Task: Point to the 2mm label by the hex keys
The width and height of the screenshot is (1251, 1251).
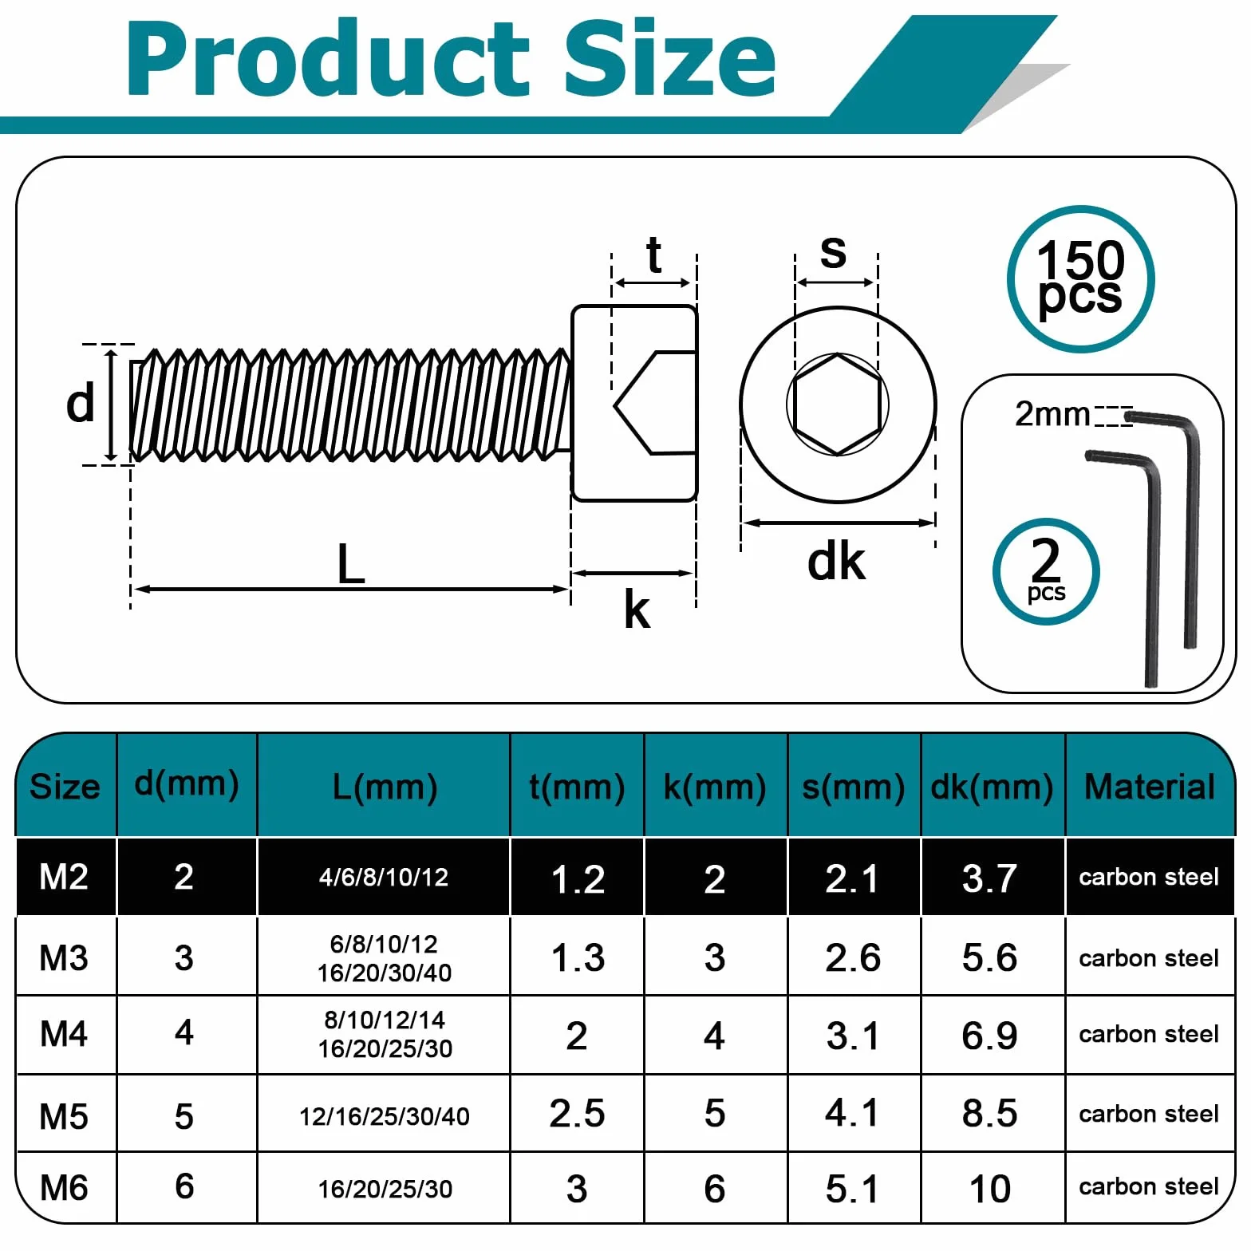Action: tap(1052, 414)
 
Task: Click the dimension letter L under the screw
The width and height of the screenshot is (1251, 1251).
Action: tap(351, 564)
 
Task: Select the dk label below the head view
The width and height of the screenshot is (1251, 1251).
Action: tap(835, 562)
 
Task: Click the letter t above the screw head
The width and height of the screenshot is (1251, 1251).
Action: tap(654, 255)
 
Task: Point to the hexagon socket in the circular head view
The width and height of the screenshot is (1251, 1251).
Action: tap(838, 405)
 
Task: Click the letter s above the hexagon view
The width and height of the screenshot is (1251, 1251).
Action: tap(833, 252)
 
